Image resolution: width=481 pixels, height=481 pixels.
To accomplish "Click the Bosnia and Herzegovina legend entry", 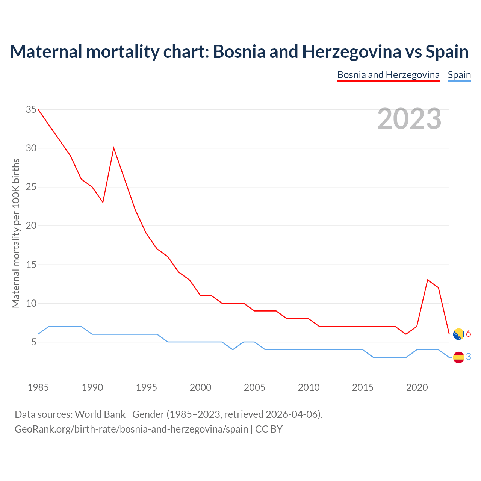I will tap(388, 75).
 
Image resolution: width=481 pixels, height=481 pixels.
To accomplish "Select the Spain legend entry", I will tap(459, 75).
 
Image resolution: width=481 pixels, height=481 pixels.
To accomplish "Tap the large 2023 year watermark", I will tap(409, 119).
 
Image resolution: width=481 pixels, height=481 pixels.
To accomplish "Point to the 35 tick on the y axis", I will tap(31, 110).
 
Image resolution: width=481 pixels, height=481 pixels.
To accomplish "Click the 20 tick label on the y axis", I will tap(31, 226).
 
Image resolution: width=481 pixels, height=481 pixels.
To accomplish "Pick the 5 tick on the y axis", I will tap(34, 342).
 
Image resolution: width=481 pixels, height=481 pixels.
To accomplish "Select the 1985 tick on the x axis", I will tap(38, 387).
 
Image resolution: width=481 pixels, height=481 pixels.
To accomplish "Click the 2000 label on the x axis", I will tap(200, 387).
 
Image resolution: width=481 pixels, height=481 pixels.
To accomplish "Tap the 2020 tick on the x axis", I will tap(417, 387).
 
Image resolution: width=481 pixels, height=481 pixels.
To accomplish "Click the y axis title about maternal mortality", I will tap(16, 233).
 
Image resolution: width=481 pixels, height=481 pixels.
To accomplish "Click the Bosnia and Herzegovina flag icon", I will tap(458, 334).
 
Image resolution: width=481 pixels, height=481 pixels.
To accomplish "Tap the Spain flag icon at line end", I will tap(458, 357).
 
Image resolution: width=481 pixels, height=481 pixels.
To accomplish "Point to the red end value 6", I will tap(469, 334).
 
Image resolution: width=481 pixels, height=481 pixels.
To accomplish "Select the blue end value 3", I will tap(469, 357).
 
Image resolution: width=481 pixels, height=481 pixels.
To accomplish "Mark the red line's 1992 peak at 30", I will tap(113, 148).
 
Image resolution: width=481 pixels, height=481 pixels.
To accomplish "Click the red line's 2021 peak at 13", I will tap(428, 280).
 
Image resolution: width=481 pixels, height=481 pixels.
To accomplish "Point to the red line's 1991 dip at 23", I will tap(103, 202).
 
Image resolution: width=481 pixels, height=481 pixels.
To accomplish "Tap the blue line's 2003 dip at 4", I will tap(233, 349).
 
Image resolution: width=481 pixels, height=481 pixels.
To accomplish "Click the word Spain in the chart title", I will tap(447, 51).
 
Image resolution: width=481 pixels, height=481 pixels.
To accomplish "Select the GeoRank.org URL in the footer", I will tap(131, 429).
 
